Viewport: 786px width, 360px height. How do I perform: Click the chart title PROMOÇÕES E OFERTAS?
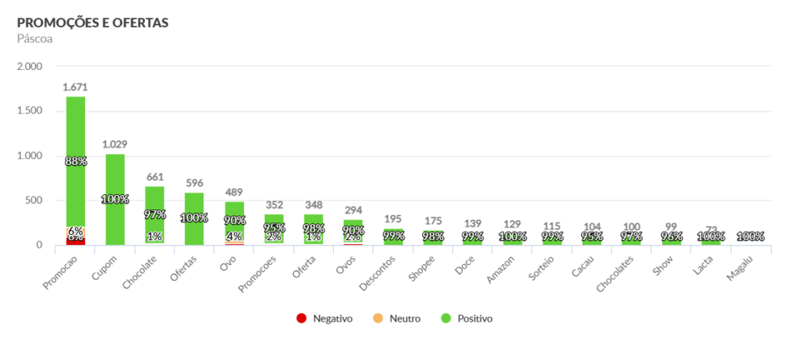(x=92, y=22)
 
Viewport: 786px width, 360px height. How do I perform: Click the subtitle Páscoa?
(x=35, y=38)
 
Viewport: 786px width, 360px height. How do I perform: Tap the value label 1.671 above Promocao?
(x=75, y=88)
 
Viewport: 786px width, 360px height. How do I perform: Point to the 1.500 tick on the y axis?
(x=29, y=111)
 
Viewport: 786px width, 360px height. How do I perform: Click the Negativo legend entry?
(x=325, y=319)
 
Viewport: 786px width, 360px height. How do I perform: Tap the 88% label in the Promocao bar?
(x=75, y=162)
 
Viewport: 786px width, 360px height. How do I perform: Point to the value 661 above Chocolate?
(x=155, y=177)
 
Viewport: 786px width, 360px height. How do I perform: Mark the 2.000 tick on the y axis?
(x=29, y=67)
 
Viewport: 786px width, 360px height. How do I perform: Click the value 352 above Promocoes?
(x=274, y=205)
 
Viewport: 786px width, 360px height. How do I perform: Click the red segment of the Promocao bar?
(x=75, y=241)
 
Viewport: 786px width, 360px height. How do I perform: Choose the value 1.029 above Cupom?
(x=115, y=145)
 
